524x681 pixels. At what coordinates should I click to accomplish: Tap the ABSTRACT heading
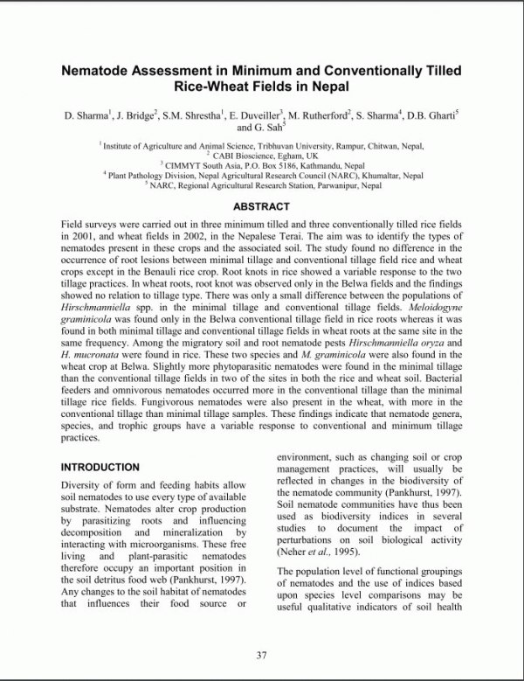pyautogui.click(x=261, y=206)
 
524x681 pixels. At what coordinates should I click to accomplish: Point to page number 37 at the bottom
pyautogui.click(x=261, y=656)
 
